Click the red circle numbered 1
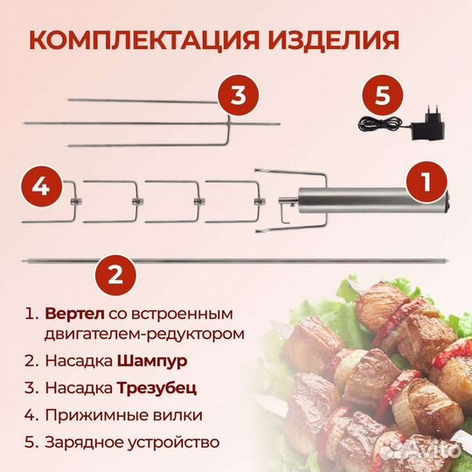coord(425,184)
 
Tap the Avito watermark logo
coord(434,450)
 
